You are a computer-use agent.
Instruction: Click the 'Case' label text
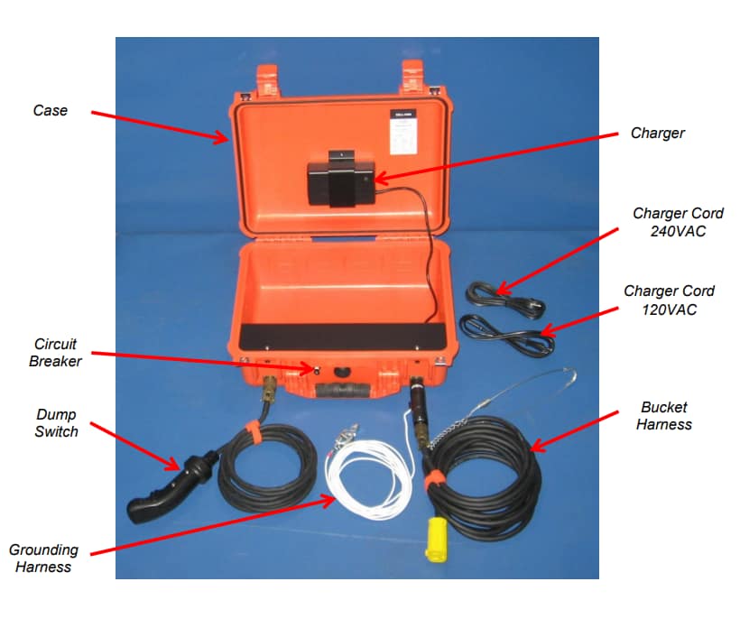(51, 111)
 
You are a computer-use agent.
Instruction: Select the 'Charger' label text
(657, 134)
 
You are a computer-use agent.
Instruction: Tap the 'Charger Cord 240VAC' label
(678, 222)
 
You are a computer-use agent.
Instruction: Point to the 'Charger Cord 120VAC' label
(669, 300)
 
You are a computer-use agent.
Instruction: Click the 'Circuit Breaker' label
(56, 353)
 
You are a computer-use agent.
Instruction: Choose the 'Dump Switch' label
(56, 423)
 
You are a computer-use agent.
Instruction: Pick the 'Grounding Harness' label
(43, 558)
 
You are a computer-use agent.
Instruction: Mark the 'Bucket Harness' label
(663, 416)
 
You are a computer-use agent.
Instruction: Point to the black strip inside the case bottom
(343, 336)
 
